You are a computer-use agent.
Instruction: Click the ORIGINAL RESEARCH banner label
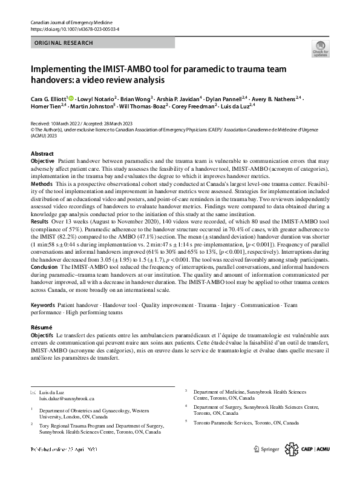click(x=64, y=43)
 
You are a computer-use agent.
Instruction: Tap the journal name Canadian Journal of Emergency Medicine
click(x=74, y=22)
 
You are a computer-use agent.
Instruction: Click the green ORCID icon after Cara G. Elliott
click(x=71, y=98)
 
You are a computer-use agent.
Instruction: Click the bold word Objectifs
click(x=42, y=335)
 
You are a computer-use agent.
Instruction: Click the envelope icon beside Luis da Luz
click(x=33, y=392)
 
